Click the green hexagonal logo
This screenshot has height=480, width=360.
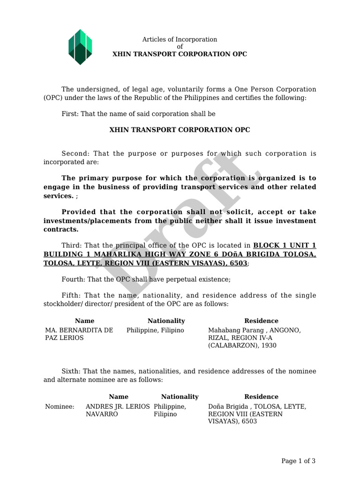[80, 47]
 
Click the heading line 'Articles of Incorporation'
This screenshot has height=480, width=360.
[180, 39]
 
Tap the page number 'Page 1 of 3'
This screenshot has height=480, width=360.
[298, 461]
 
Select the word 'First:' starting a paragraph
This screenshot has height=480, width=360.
[70, 114]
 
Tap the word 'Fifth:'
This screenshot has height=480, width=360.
[71, 295]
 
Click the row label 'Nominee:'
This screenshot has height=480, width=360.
[60, 406]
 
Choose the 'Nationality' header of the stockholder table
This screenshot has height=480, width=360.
[166, 321]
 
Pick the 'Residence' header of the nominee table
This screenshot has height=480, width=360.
[261, 397]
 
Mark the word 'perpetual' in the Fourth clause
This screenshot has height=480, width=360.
[181, 279]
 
